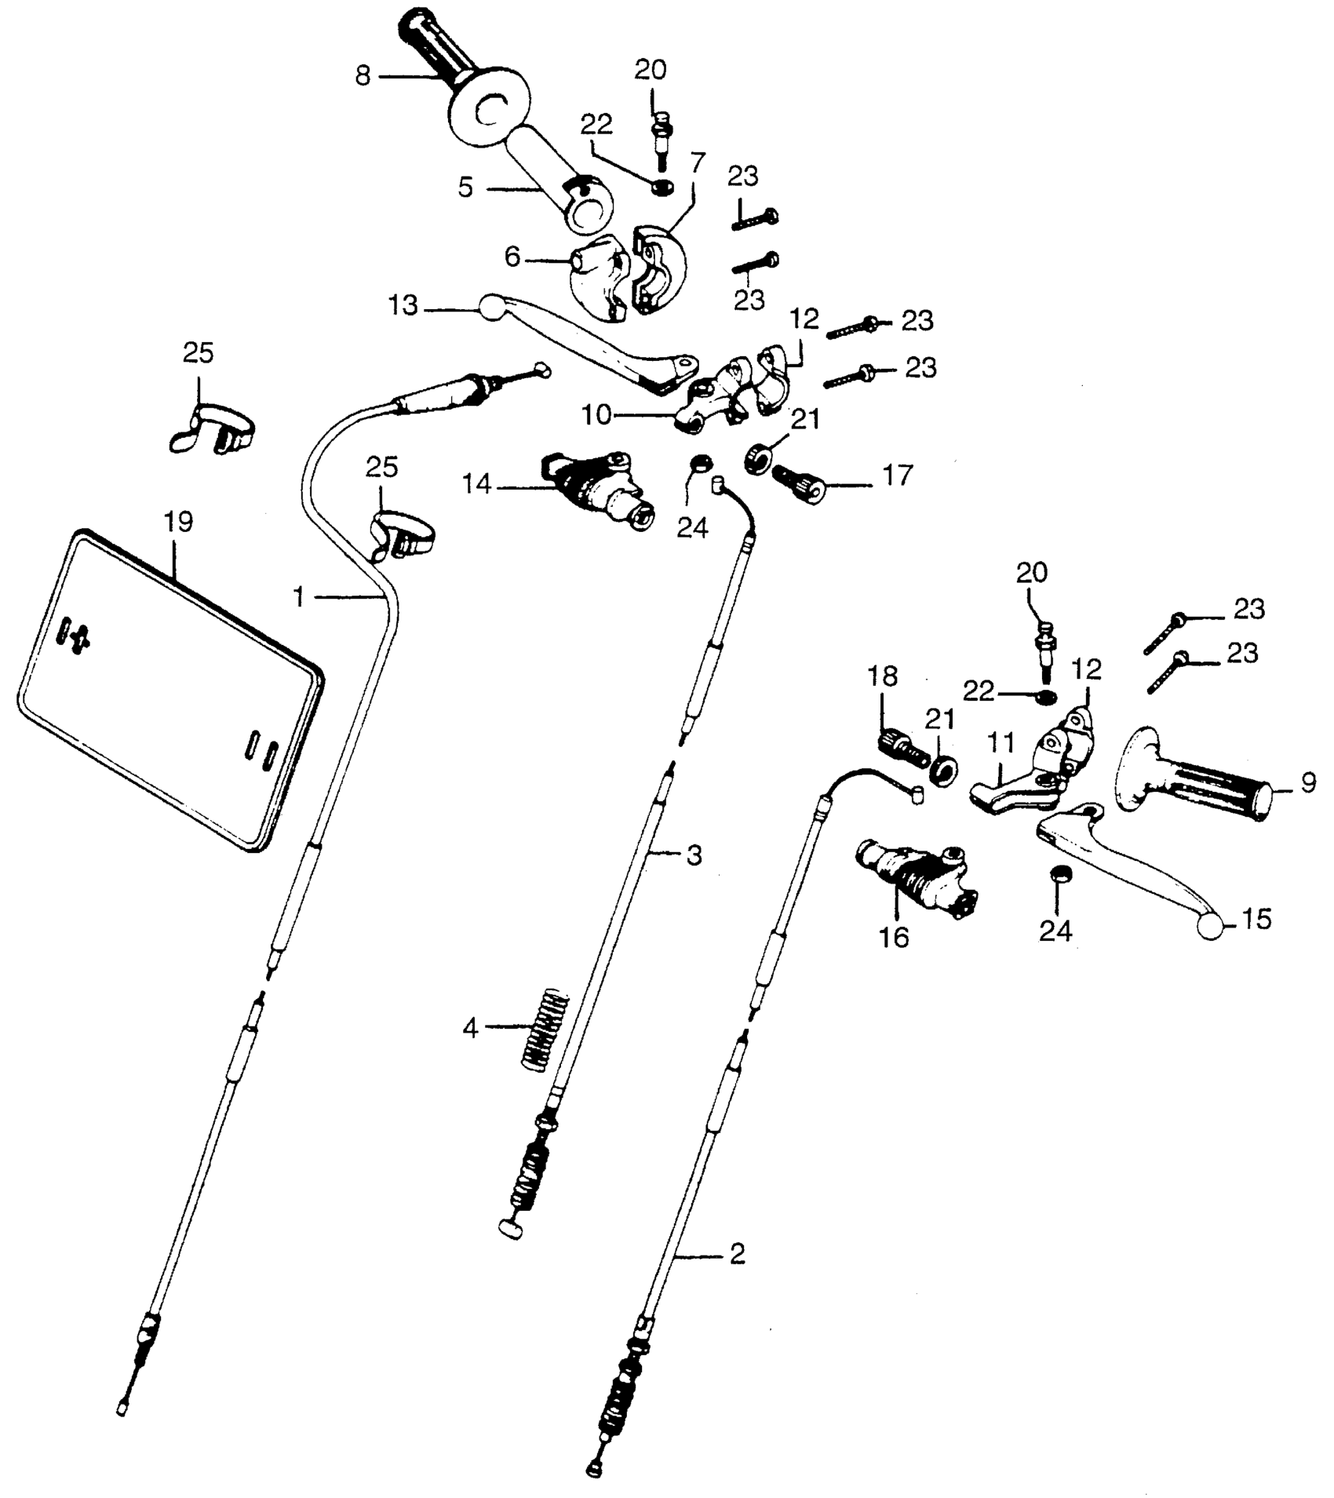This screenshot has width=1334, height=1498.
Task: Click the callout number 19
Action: click(x=178, y=522)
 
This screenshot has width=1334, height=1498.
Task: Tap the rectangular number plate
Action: click(x=169, y=691)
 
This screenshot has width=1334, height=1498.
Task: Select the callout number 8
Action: click(x=363, y=77)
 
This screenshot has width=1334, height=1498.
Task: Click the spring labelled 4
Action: click(x=545, y=1028)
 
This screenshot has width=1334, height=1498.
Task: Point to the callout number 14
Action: click(x=476, y=485)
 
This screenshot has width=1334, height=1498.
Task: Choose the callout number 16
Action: click(x=894, y=937)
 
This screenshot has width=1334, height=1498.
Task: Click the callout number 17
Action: click(x=898, y=476)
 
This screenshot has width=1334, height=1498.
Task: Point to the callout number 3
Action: click(x=694, y=855)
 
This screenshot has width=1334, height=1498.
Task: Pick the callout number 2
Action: click(x=736, y=1255)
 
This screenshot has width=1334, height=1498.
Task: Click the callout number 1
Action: click(x=299, y=598)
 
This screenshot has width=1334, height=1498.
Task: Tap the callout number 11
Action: click(x=1000, y=742)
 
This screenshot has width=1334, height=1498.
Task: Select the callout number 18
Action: click(x=883, y=676)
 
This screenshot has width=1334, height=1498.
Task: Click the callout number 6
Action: click(x=512, y=257)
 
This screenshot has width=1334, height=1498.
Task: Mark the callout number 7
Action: click(x=698, y=162)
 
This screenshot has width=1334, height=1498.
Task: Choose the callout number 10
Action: click(x=596, y=415)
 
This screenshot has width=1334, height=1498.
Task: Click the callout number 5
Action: click(x=466, y=188)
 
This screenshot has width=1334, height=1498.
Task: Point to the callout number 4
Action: click(x=470, y=1028)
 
